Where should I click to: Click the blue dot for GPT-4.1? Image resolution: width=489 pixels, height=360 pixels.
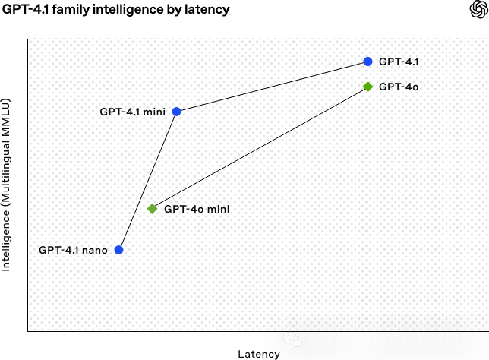click(x=368, y=62)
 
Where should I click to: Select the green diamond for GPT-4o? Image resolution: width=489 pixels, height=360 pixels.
click(x=368, y=87)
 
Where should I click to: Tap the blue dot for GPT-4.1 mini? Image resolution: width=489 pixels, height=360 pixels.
click(x=176, y=112)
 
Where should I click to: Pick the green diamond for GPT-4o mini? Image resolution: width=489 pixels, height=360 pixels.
click(x=152, y=208)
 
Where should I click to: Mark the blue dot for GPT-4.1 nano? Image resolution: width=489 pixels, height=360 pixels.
click(x=118, y=250)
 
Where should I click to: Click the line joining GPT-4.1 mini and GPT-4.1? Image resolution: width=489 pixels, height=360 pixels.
click(x=272, y=87)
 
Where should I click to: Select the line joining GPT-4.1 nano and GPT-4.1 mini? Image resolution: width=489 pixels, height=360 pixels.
click(x=147, y=181)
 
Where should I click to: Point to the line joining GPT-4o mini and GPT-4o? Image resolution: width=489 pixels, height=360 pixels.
click(x=260, y=147)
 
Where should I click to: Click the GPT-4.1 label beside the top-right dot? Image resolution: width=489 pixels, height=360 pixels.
click(x=399, y=62)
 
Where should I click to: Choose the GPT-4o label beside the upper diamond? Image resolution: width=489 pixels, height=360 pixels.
click(x=399, y=87)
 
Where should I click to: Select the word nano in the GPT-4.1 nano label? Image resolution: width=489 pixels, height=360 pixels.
click(x=95, y=250)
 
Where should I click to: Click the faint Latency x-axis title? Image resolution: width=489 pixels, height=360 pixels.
click(x=258, y=354)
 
